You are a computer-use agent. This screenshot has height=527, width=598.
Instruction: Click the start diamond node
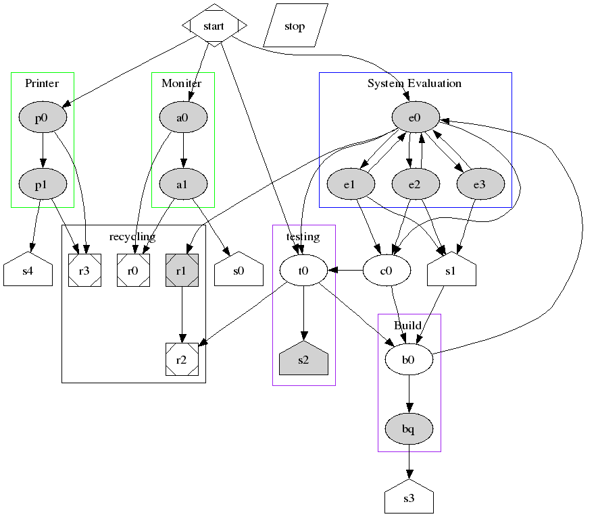tap(214, 26)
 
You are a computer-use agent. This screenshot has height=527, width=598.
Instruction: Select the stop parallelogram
tap(295, 26)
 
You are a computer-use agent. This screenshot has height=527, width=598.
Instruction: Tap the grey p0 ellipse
tap(42, 117)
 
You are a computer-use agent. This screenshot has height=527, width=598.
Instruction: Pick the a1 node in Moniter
tap(182, 183)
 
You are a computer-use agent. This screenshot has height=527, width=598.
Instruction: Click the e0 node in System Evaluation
tap(415, 117)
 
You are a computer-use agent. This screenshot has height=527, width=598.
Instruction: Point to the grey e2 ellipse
tap(415, 183)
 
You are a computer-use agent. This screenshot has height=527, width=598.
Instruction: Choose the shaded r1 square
tap(182, 271)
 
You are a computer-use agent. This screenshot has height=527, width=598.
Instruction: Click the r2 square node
tap(182, 359)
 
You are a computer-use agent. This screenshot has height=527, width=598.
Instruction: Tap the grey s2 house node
tap(303, 360)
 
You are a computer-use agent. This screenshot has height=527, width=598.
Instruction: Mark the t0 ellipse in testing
tap(303, 271)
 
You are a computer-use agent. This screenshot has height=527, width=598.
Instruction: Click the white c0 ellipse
tap(387, 271)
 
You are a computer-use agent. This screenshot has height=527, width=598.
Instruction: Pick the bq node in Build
tap(408, 428)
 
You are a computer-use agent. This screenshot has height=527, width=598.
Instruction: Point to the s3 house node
tap(408, 499)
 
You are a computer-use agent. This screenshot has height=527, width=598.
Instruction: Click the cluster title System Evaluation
tap(414, 83)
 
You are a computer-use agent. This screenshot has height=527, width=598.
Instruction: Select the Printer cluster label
tap(42, 83)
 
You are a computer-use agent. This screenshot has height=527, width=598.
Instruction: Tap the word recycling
tap(132, 236)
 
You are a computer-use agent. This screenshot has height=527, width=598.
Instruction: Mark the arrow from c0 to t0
tap(345, 271)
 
